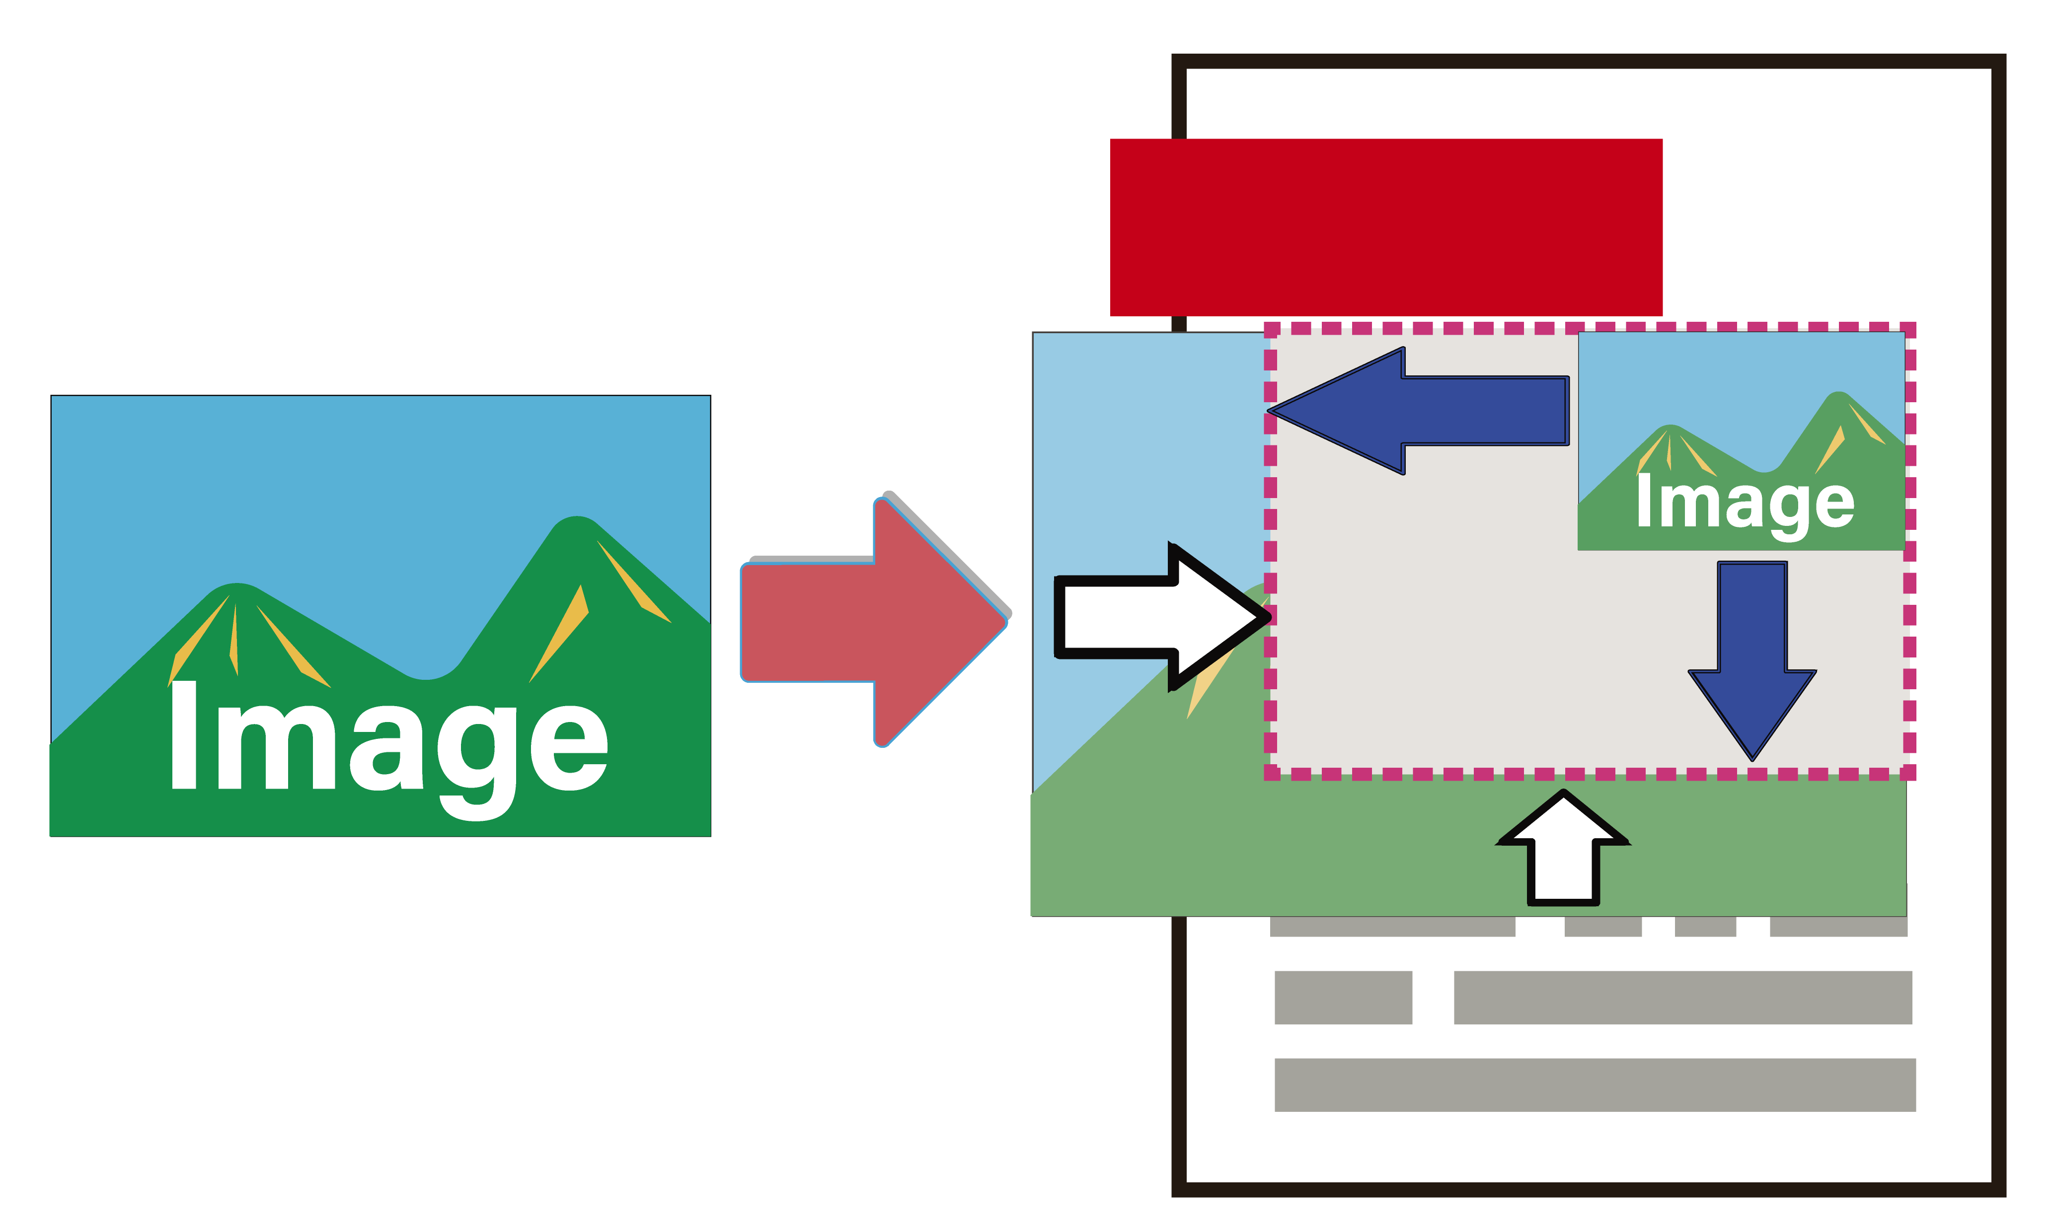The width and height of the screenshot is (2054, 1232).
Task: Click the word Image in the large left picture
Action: click(x=388, y=739)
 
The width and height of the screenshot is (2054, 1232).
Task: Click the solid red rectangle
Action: click(x=1386, y=226)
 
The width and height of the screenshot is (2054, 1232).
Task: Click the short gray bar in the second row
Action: click(x=1343, y=997)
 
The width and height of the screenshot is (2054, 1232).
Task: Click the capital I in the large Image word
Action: click(x=183, y=735)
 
